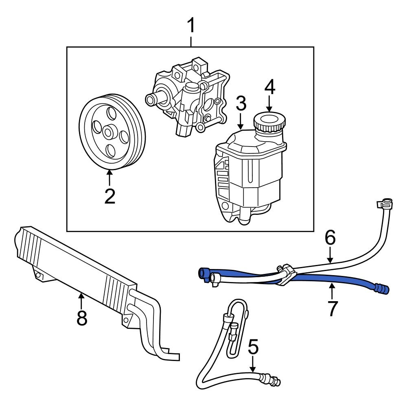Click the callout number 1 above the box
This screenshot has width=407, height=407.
[190, 26]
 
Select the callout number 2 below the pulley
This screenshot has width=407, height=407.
[109, 196]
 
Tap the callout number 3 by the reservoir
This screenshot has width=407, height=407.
[241, 104]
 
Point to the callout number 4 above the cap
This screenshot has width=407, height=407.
[270, 86]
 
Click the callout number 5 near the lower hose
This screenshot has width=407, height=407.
[253, 348]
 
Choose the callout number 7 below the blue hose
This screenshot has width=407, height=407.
[333, 308]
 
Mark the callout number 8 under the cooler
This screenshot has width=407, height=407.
[82, 318]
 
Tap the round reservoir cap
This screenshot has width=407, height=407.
[269, 122]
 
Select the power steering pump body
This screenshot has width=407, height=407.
[189, 98]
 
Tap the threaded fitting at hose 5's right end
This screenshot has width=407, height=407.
[275, 381]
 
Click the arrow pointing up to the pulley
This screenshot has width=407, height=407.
[109, 177]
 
